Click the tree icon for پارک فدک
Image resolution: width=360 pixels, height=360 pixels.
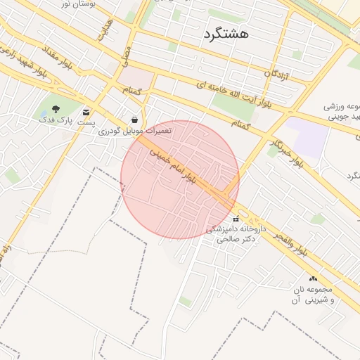coord(56,108)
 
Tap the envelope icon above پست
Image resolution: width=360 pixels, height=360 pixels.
coord(86,112)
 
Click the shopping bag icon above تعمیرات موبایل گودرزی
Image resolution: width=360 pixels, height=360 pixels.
coord(134,120)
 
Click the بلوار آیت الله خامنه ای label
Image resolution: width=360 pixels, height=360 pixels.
coord(232,96)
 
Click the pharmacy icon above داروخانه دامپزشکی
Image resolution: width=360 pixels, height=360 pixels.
coord(236,219)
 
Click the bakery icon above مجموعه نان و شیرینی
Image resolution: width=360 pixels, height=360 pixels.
coord(312,279)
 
